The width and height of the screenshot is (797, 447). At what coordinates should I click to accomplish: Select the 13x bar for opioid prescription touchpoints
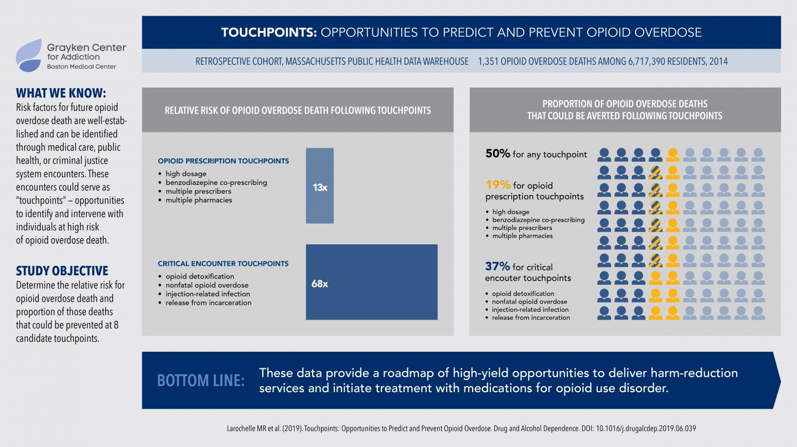320,186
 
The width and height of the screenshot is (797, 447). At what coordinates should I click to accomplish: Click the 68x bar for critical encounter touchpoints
371,282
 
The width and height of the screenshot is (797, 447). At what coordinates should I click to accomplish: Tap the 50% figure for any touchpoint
498,154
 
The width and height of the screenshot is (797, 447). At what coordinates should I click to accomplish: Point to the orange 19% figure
498,185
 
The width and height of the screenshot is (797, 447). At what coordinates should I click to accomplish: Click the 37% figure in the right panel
498,266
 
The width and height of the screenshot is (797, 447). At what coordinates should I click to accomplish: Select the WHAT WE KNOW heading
61,93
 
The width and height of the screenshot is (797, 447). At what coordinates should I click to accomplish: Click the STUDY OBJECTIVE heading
62,271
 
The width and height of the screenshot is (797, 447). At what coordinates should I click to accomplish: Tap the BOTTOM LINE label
200,381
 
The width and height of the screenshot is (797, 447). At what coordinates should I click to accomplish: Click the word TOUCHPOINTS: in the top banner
269,32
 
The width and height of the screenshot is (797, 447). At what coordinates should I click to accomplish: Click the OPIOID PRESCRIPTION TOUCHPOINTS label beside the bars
223,161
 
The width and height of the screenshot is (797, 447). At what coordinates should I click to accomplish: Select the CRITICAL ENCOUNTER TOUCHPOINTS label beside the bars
223,264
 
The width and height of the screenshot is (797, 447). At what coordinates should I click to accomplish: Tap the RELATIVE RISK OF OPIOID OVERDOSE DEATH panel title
298,110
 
